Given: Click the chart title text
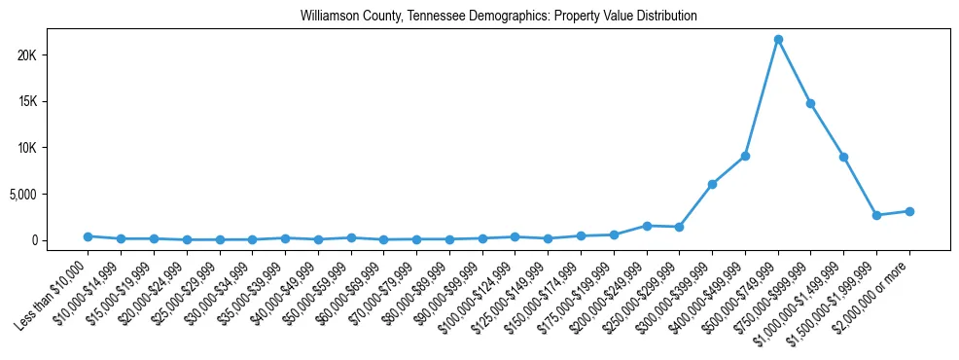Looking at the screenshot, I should click(x=499, y=17).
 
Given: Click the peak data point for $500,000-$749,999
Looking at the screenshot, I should click(x=778, y=40).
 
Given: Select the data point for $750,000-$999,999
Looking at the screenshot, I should click(x=810, y=103).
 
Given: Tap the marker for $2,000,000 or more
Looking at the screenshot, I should click(x=909, y=211).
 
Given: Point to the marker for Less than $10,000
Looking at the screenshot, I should click(x=88, y=236).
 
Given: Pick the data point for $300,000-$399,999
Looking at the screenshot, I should click(x=712, y=184).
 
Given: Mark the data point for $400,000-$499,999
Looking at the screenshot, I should click(x=745, y=156).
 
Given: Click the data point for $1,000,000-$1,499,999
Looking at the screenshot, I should click(x=843, y=157).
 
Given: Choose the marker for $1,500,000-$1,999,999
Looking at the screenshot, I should click(x=876, y=215).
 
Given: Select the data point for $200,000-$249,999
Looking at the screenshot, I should click(x=647, y=226).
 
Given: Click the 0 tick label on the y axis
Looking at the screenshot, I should click(x=60, y=240).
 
